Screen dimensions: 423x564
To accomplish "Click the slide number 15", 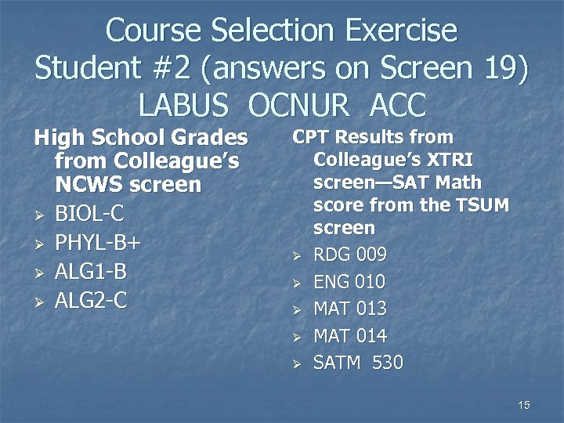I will point(524,404).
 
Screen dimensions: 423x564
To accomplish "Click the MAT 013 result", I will point(350,309).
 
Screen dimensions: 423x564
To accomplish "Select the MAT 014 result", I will point(350,336).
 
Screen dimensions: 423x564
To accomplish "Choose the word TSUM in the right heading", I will point(482,206).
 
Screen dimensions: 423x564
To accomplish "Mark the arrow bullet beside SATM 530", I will point(297,363).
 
